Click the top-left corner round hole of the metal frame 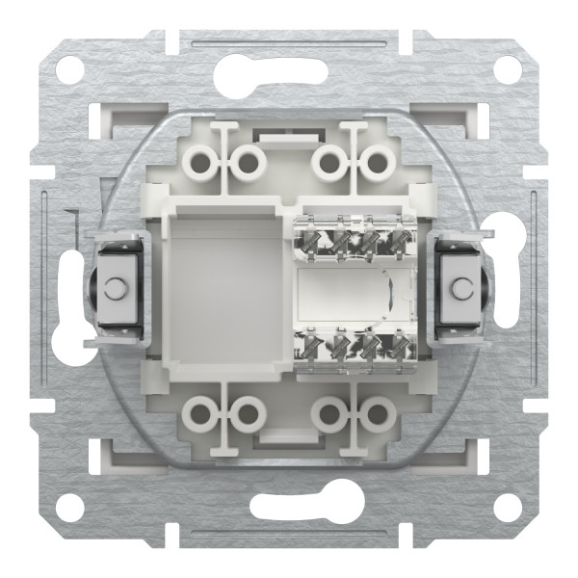70,68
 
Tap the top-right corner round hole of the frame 508,68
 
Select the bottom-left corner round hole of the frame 70,509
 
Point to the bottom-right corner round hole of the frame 508,509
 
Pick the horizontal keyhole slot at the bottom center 289,510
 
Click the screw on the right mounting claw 461,287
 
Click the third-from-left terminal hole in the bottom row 330,415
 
